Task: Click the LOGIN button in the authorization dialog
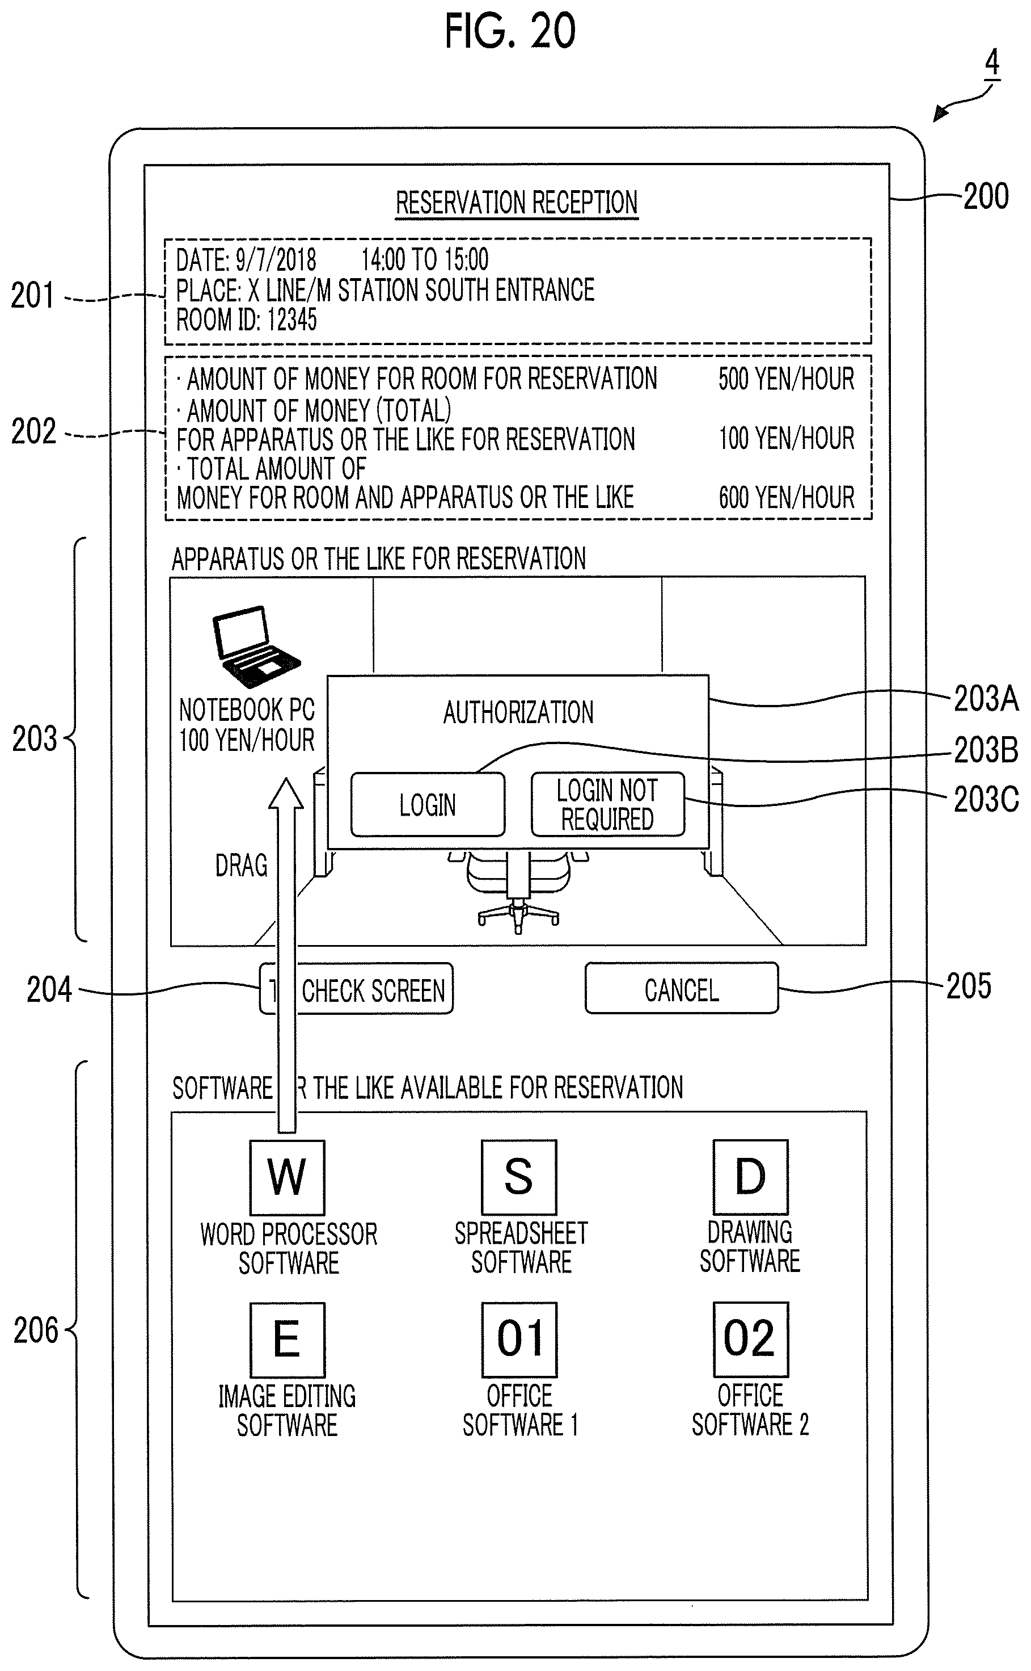[x=428, y=804]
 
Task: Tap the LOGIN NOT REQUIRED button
[x=607, y=804]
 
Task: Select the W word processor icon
[x=287, y=1177]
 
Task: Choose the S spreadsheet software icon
[x=519, y=1177]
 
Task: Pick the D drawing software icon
[x=750, y=1177]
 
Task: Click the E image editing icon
[x=287, y=1340]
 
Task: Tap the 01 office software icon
[x=519, y=1340]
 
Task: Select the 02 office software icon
[x=750, y=1340]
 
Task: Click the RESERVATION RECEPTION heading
[x=516, y=203]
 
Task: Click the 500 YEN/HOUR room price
[x=786, y=379]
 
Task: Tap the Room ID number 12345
[x=293, y=320]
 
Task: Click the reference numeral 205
[x=968, y=986]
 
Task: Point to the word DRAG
[x=242, y=865]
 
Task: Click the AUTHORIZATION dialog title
[x=518, y=712]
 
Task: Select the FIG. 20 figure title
[x=510, y=31]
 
